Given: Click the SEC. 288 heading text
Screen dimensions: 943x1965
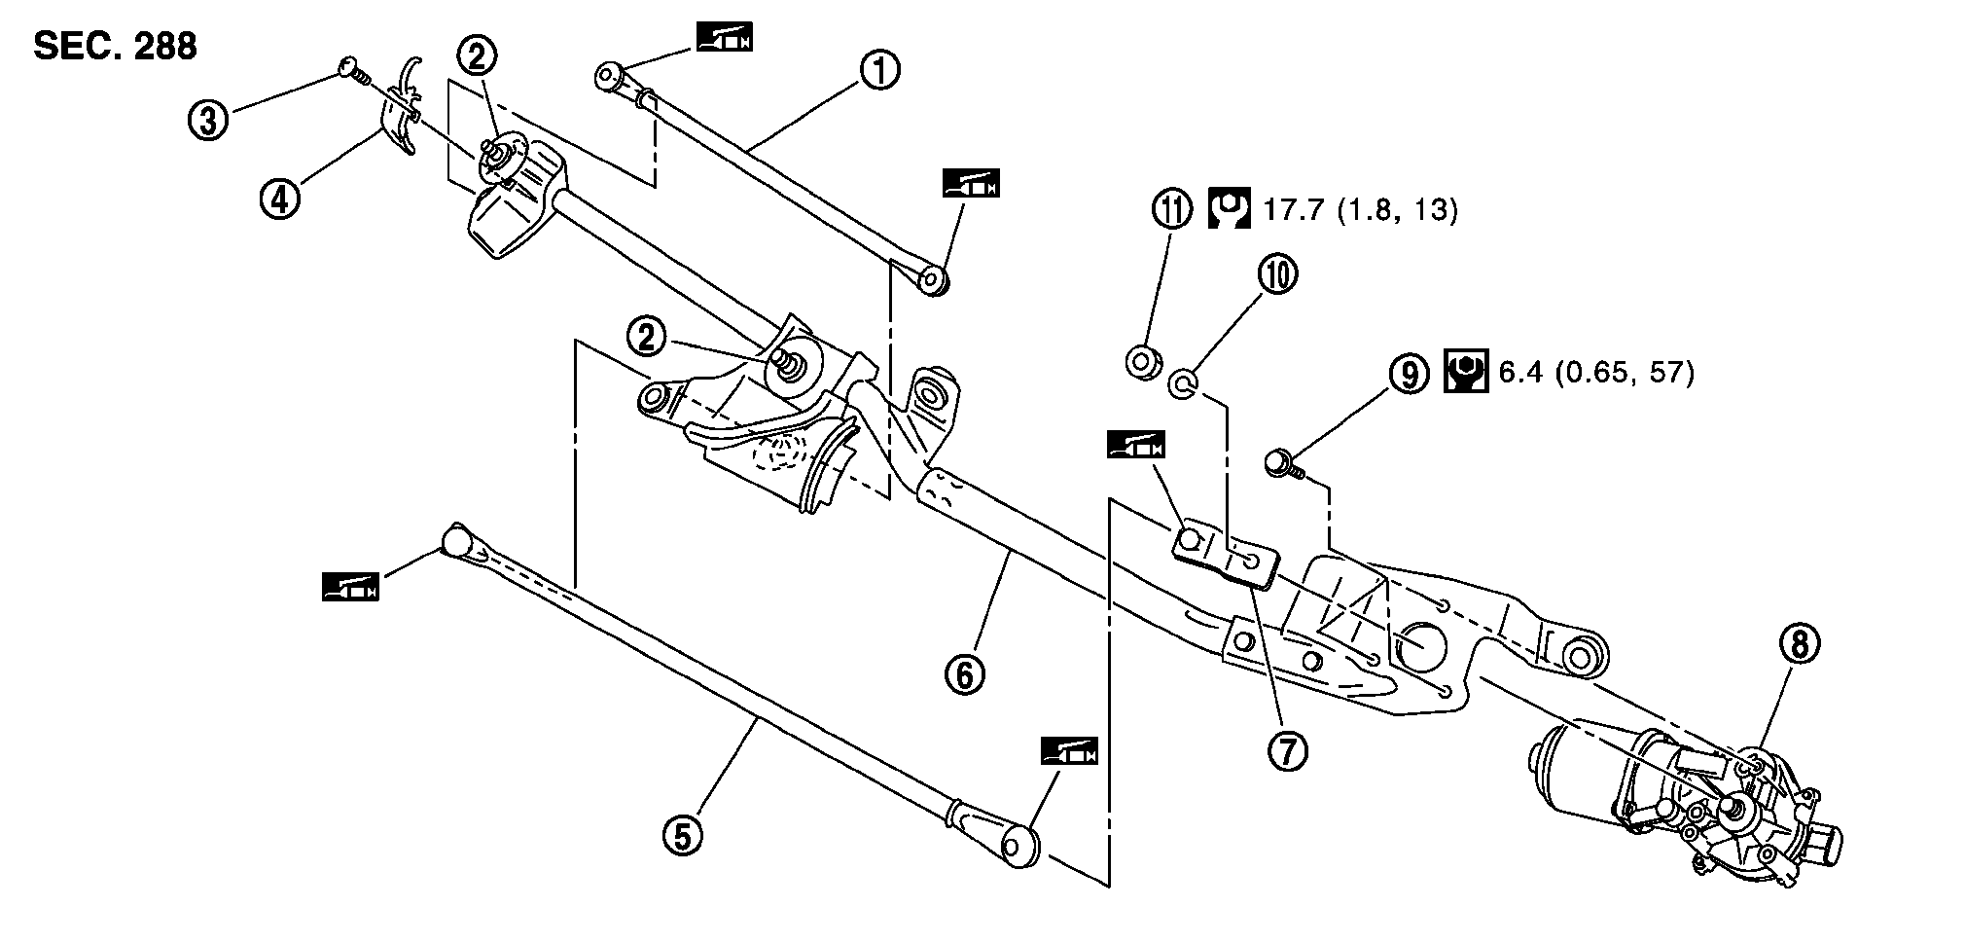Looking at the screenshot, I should [x=115, y=46].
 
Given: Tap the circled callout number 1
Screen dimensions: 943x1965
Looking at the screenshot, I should [x=879, y=71].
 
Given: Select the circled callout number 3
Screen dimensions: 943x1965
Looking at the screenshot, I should [x=207, y=121].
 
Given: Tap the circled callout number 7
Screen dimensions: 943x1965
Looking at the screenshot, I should [x=1287, y=749].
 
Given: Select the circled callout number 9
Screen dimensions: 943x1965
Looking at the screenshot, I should [x=1410, y=373].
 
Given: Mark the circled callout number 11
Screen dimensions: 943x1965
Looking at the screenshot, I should [x=1172, y=209].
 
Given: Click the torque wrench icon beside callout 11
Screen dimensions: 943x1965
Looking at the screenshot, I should [x=1230, y=209].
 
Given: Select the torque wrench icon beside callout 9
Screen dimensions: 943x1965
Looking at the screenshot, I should [x=1465, y=372].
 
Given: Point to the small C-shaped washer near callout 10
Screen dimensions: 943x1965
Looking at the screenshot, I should [x=1180, y=383].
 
